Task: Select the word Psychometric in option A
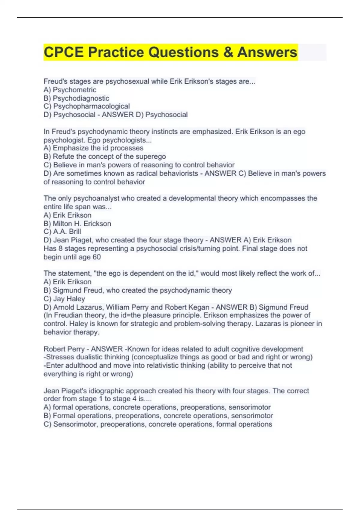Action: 75,90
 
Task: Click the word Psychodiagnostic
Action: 81,98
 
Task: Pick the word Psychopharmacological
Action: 91,106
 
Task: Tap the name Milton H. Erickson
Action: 82,223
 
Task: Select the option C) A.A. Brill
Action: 62,232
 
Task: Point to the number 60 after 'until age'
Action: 97,257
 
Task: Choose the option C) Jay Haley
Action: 64,299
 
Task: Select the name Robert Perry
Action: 64,349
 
